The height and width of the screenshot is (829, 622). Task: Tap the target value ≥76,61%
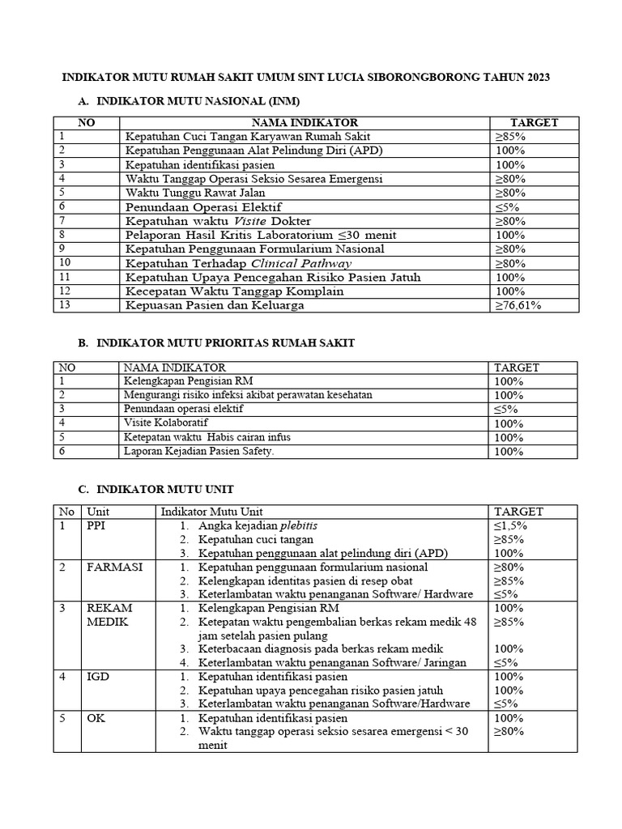coord(518,305)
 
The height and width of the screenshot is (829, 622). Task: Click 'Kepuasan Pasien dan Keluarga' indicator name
coord(215,305)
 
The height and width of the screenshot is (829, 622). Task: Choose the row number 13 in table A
coord(66,305)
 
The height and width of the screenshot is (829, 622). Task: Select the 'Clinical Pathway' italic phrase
coord(301,263)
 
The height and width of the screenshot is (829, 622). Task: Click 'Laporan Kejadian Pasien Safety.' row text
coord(199,451)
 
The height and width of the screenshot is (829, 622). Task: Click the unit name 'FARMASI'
coord(114,567)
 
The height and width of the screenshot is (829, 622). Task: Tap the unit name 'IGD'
coord(98,676)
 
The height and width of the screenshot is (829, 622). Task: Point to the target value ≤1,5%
coord(511,525)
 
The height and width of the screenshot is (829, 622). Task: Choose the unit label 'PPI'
coord(96,525)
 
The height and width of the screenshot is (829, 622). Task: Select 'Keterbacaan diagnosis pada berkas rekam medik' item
coord(321,649)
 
